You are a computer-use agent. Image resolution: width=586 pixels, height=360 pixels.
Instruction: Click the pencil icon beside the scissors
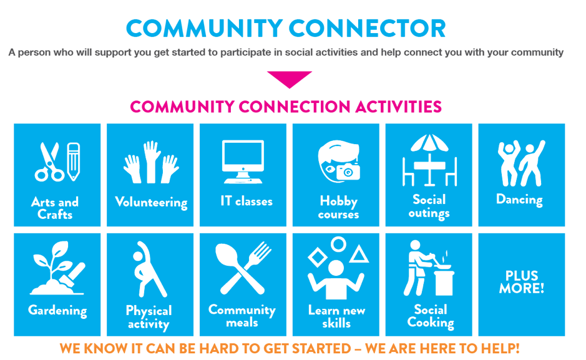[x=74, y=162]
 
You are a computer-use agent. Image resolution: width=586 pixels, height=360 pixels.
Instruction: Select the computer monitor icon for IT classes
[x=243, y=162]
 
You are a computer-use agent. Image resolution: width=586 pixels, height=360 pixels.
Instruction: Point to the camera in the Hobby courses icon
[x=348, y=172]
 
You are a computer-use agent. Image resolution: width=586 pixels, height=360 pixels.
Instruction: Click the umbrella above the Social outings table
[x=429, y=143]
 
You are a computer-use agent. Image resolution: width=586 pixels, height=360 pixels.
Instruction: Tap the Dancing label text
[x=519, y=200]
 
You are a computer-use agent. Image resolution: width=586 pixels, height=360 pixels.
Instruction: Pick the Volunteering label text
[x=152, y=202]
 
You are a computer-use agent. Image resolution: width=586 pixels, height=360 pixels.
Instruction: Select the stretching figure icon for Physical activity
[x=149, y=269]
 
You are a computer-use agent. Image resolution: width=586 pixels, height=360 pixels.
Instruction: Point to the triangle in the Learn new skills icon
[x=359, y=254]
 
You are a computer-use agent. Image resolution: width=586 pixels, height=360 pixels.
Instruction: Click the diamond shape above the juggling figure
[x=318, y=257]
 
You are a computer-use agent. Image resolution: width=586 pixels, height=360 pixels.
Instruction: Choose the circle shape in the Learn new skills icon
[x=339, y=245]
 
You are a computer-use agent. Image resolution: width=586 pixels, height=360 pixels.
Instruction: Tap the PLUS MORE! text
[x=521, y=282]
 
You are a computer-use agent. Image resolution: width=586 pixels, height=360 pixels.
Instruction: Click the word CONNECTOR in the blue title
[x=367, y=29]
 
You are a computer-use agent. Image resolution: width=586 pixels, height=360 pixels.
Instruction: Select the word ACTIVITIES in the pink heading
[x=398, y=107]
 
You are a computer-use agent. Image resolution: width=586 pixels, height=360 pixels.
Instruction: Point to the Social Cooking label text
[x=431, y=316]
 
